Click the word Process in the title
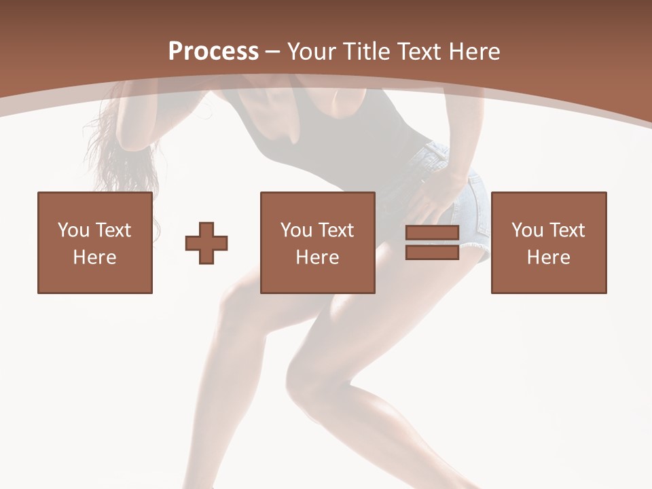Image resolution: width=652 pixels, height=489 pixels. click(213, 52)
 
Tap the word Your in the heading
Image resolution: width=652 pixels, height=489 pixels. click(312, 52)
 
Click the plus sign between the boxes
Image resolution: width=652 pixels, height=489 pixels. click(206, 242)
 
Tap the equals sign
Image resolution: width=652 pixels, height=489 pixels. click(432, 242)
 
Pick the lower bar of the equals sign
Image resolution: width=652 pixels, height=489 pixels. click(432, 252)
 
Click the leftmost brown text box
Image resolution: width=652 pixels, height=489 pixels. click(94, 242)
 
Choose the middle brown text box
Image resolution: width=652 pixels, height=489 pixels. click(317, 242)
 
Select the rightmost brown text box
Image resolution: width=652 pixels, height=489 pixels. click(548, 242)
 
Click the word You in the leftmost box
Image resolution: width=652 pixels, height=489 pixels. click(73, 230)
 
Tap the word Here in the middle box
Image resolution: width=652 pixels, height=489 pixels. click(317, 257)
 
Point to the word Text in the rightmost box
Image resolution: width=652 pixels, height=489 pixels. click(566, 230)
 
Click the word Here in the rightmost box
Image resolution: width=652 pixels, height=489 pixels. click(548, 257)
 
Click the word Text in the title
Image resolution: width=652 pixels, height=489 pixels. click(417, 52)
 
